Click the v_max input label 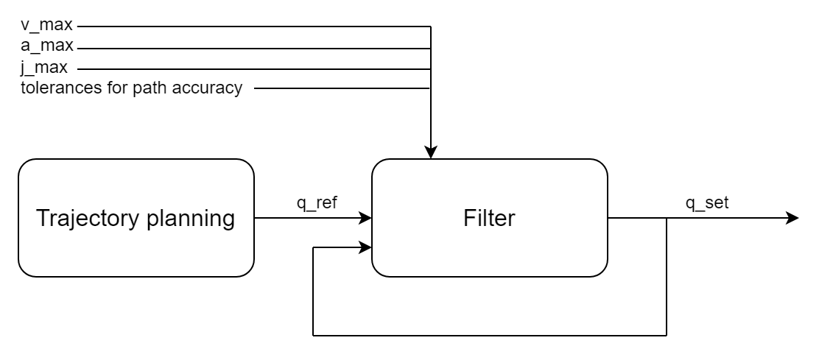(38, 27)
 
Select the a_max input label (38, 49)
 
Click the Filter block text (489, 218)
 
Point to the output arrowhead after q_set (792, 218)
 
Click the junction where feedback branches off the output (667, 218)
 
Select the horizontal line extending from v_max (250, 27)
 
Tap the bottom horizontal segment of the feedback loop (490, 336)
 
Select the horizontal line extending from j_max (250, 69)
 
